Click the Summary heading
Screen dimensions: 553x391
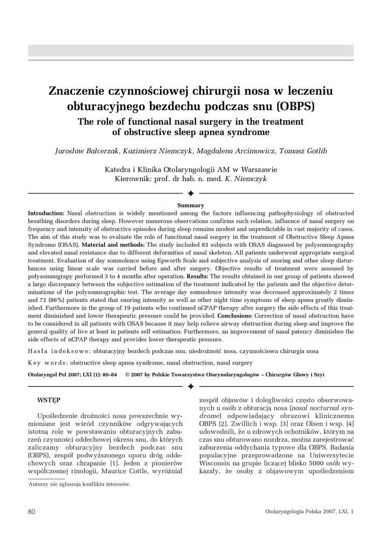tap(191, 205)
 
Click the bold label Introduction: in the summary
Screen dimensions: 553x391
tap(46, 214)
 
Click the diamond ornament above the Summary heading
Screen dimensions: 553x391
tap(191, 193)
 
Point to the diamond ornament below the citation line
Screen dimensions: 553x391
tap(191, 386)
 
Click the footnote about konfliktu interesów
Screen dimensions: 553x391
tap(79, 484)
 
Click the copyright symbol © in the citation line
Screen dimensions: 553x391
tap(127, 374)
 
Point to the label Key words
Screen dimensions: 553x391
tap(44, 363)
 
